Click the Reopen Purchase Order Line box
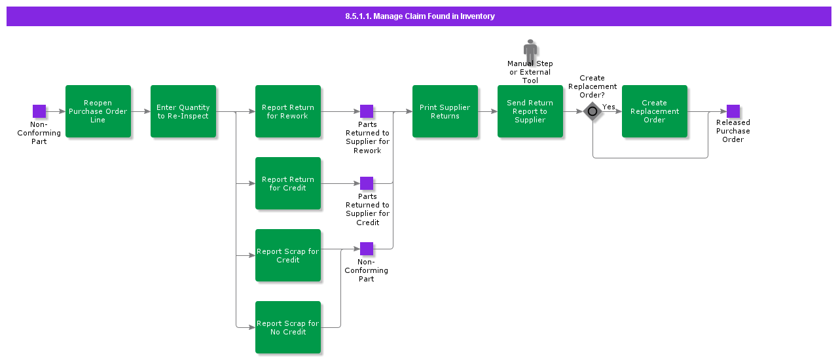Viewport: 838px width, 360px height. tap(98, 111)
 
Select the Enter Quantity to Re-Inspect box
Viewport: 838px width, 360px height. tap(183, 111)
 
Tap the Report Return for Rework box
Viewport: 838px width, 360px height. tap(288, 111)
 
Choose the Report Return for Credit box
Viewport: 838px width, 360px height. tap(288, 183)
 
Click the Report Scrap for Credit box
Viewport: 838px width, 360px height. tap(288, 255)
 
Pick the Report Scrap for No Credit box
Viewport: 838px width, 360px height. tap(288, 327)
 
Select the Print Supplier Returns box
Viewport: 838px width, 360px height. tap(445, 111)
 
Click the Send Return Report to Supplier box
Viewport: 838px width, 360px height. tap(530, 111)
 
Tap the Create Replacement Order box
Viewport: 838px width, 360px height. tap(655, 111)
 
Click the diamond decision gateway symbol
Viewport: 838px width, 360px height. tap(592, 111)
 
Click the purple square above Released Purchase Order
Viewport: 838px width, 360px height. tap(733, 111)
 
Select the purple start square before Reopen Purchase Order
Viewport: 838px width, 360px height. tap(39, 111)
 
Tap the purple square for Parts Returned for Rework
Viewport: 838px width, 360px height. tap(367, 111)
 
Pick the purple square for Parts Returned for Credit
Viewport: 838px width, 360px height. tap(367, 183)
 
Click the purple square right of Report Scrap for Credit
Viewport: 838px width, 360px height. tap(367, 249)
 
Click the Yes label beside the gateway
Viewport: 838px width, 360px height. tap(609, 107)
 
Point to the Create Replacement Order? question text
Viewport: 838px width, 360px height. tap(592, 86)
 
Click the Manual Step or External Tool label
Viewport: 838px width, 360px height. tap(530, 72)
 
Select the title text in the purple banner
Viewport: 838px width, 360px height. tap(420, 16)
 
